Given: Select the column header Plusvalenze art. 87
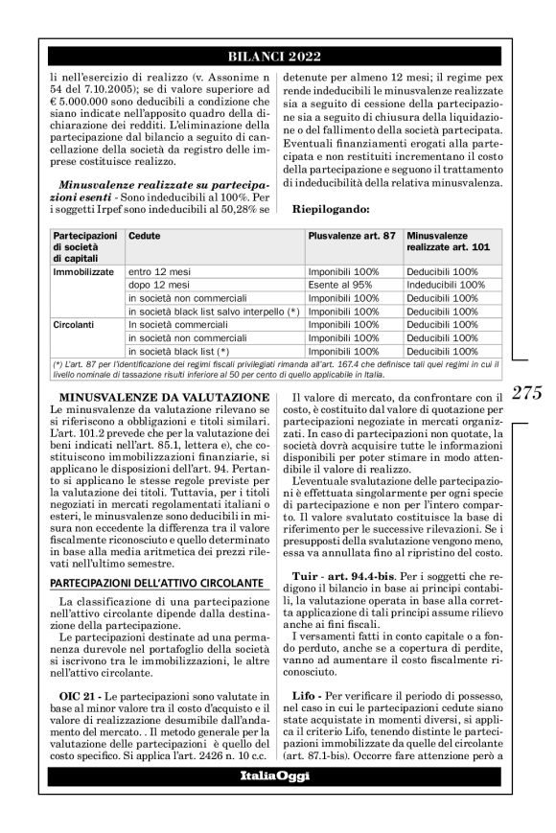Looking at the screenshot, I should tap(349, 235).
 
